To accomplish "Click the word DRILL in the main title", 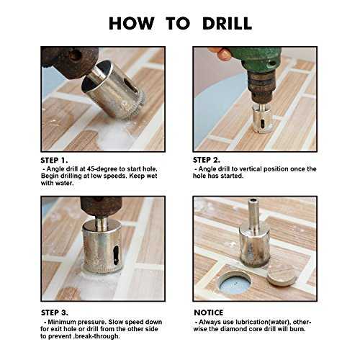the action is coord(227,24).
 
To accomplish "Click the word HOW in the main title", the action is coord(131,24).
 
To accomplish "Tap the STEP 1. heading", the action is coord(54,161).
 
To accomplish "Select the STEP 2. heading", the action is coord(207,160).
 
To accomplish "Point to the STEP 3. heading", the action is coord(55,312).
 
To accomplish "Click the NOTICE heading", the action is coord(209,312).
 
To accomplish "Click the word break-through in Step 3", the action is coord(96,336).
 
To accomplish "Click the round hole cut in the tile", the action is coord(235,282).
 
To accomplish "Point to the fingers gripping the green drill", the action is coord(220,53).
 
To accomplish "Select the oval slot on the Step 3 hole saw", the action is coord(116,255).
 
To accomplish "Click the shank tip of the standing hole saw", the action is coord(254,200).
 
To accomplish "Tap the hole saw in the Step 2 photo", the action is coord(261,117).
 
